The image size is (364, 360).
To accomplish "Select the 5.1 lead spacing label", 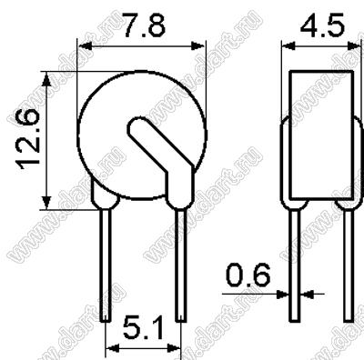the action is tap(143, 328).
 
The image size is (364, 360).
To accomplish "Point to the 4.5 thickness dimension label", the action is tap(322, 23).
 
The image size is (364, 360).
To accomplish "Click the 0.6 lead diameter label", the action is tap(248, 275).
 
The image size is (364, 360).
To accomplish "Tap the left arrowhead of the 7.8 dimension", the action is tap(85, 46).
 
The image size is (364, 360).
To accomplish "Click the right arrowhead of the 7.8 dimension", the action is tap(198, 46).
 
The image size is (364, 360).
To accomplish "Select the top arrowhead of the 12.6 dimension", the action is tap(46, 78).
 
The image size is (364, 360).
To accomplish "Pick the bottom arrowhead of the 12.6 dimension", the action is tap(46, 203).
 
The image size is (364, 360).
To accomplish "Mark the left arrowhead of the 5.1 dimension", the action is tap(112, 348).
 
